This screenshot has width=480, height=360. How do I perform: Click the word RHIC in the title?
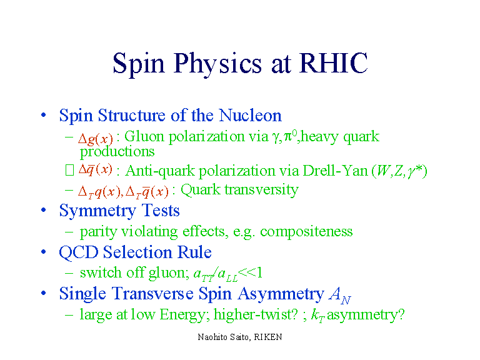tap(333, 62)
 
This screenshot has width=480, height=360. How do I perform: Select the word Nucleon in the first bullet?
tap(250, 116)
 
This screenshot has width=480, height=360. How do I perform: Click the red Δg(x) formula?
tap(96, 139)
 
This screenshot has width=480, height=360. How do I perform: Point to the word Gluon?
tap(144, 136)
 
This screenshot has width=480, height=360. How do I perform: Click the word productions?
tap(117, 151)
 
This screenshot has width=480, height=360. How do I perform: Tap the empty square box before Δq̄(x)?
tap(69, 170)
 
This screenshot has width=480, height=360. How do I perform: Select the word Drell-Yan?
tap(335, 171)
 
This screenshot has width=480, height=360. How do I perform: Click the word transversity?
tap(261, 189)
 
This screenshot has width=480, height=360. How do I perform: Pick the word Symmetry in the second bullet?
tap(97, 211)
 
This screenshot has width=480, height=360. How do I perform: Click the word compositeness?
tap(306, 232)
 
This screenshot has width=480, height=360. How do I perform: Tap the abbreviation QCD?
tap(79, 253)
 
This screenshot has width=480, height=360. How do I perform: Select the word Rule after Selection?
tap(195, 252)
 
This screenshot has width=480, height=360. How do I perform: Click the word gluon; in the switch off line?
tap(169, 273)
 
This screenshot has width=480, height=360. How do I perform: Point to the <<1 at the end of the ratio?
tap(250, 272)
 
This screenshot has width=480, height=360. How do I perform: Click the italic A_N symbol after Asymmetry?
tap(340, 295)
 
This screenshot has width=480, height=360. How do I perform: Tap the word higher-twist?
tap(256, 315)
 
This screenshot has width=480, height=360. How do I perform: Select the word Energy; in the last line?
tap(184, 315)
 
